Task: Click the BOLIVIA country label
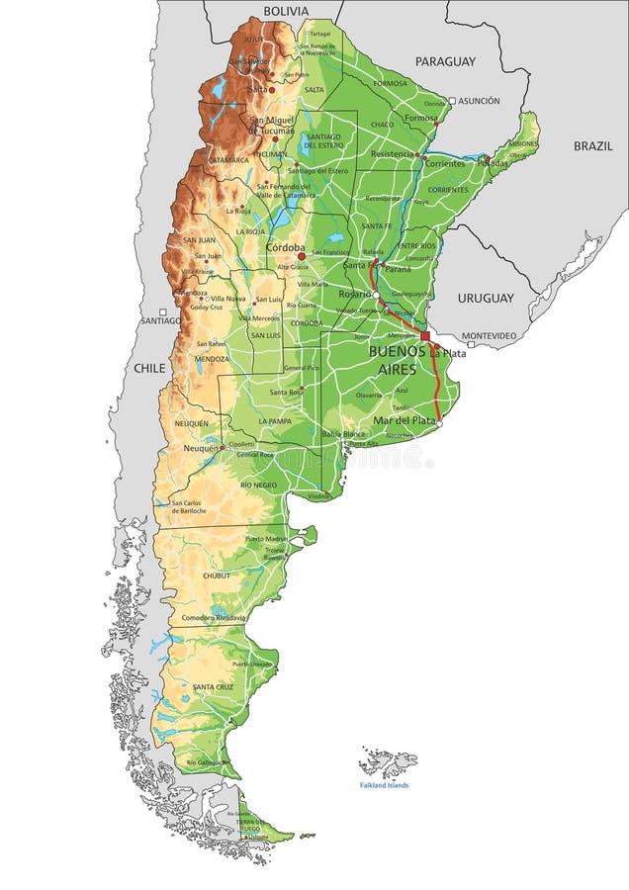click(x=286, y=11)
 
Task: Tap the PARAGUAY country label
click(x=445, y=61)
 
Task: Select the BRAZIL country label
click(x=593, y=145)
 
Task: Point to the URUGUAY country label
click(x=486, y=298)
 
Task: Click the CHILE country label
click(x=150, y=368)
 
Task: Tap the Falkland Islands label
click(x=384, y=785)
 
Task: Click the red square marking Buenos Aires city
click(x=425, y=336)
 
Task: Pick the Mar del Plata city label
click(x=404, y=420)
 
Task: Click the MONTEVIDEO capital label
click(x=489, y=336)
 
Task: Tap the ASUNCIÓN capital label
click(x=479, y=101)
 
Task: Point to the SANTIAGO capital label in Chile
click(x=160, y=320)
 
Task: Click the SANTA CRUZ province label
click(x=213, y=686)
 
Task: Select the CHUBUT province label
click(x=216, y=575)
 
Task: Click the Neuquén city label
click(x=200, y=449)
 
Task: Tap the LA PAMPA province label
click(x=275, y=421)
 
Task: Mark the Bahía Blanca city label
click(x=343, y=433)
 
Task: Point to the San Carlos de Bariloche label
click(x=189, y=507)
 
